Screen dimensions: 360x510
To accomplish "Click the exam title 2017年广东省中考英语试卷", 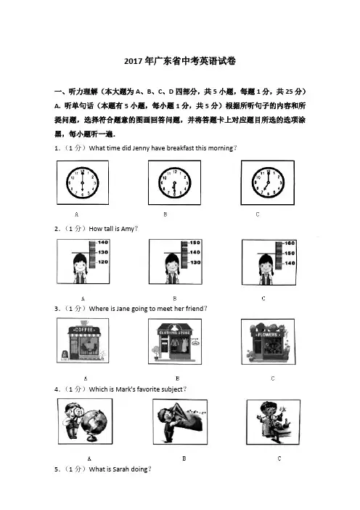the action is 180,61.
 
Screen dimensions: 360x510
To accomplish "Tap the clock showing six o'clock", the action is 82,183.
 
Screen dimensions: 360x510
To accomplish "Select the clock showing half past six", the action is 174,183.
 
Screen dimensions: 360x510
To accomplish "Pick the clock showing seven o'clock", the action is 268,183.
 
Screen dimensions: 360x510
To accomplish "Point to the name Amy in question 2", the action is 127,229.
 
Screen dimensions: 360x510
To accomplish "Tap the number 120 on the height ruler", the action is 103,262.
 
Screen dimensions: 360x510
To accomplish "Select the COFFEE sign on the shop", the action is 83,330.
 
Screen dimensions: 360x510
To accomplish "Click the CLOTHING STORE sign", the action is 175,333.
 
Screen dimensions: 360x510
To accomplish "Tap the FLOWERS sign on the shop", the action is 267,334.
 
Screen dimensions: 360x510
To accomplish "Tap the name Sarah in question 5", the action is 120,469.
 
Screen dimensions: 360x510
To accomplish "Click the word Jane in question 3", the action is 123,309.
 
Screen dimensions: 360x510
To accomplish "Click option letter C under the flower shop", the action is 273,379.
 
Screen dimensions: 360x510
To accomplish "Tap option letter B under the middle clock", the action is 165,214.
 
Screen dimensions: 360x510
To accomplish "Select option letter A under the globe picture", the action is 89,458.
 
